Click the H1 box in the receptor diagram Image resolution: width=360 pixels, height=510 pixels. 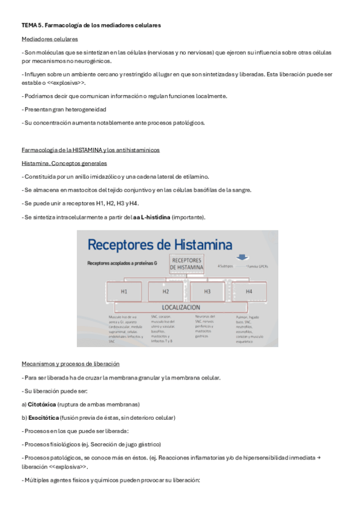[124, 292]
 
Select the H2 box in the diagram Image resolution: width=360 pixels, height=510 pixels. [165, 292]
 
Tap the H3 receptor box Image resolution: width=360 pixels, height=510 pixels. [207, 292]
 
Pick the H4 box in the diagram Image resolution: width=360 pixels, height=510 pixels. [249, 292]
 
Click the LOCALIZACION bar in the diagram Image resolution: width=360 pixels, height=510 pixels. [181, 307]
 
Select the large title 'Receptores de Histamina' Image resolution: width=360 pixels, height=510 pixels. [160, 244]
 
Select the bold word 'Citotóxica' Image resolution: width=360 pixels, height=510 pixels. [43, 404]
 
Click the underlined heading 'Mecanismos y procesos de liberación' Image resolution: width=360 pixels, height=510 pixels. [70, 364]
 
